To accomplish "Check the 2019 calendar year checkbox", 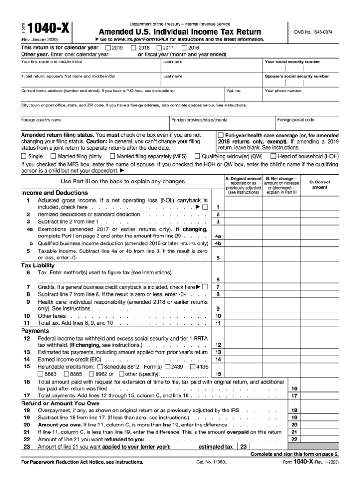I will coord(109,48).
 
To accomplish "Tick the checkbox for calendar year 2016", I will coord(184,48).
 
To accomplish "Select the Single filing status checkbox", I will coord(24,156).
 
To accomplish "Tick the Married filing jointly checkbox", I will coord(53,156).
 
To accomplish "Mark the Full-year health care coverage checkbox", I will coord(221,135).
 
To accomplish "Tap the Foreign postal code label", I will coord(296,120).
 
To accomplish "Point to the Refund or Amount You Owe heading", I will coord(60,403).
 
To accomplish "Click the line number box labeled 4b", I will coord(218,243).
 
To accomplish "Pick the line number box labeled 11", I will coord(218,323).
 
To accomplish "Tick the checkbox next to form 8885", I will coord(66,374).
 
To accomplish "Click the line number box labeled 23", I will coord(243,447).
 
